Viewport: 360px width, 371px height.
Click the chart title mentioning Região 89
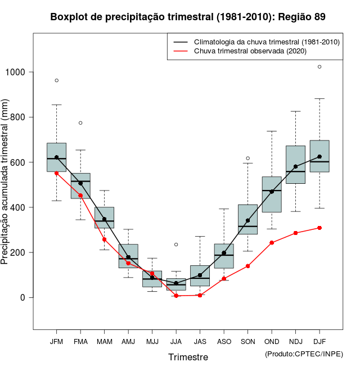[x=188, y=17]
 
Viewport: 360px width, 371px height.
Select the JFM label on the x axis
[x=56, y=341]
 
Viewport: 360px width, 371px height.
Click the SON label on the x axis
[x=247, y=341]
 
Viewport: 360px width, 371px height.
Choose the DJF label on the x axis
[x=319, y=341]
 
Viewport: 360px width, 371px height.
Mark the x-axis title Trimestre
[x=188, y=357]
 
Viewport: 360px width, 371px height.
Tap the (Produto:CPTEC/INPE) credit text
[x=304, y=354]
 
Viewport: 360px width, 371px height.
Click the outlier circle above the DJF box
[x=319, y=66]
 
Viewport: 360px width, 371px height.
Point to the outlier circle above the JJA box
[x=176, y=245]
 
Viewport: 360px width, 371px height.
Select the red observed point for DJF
[x=319, y=228]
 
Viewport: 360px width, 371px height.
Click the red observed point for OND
[x=272, y=243]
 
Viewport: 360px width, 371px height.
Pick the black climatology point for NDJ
[x=295, y=166]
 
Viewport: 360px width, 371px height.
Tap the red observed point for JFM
[x=56, y=173]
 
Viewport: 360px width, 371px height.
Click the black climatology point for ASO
[x=224, y=253]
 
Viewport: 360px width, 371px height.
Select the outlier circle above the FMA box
[x=80, y=123]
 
